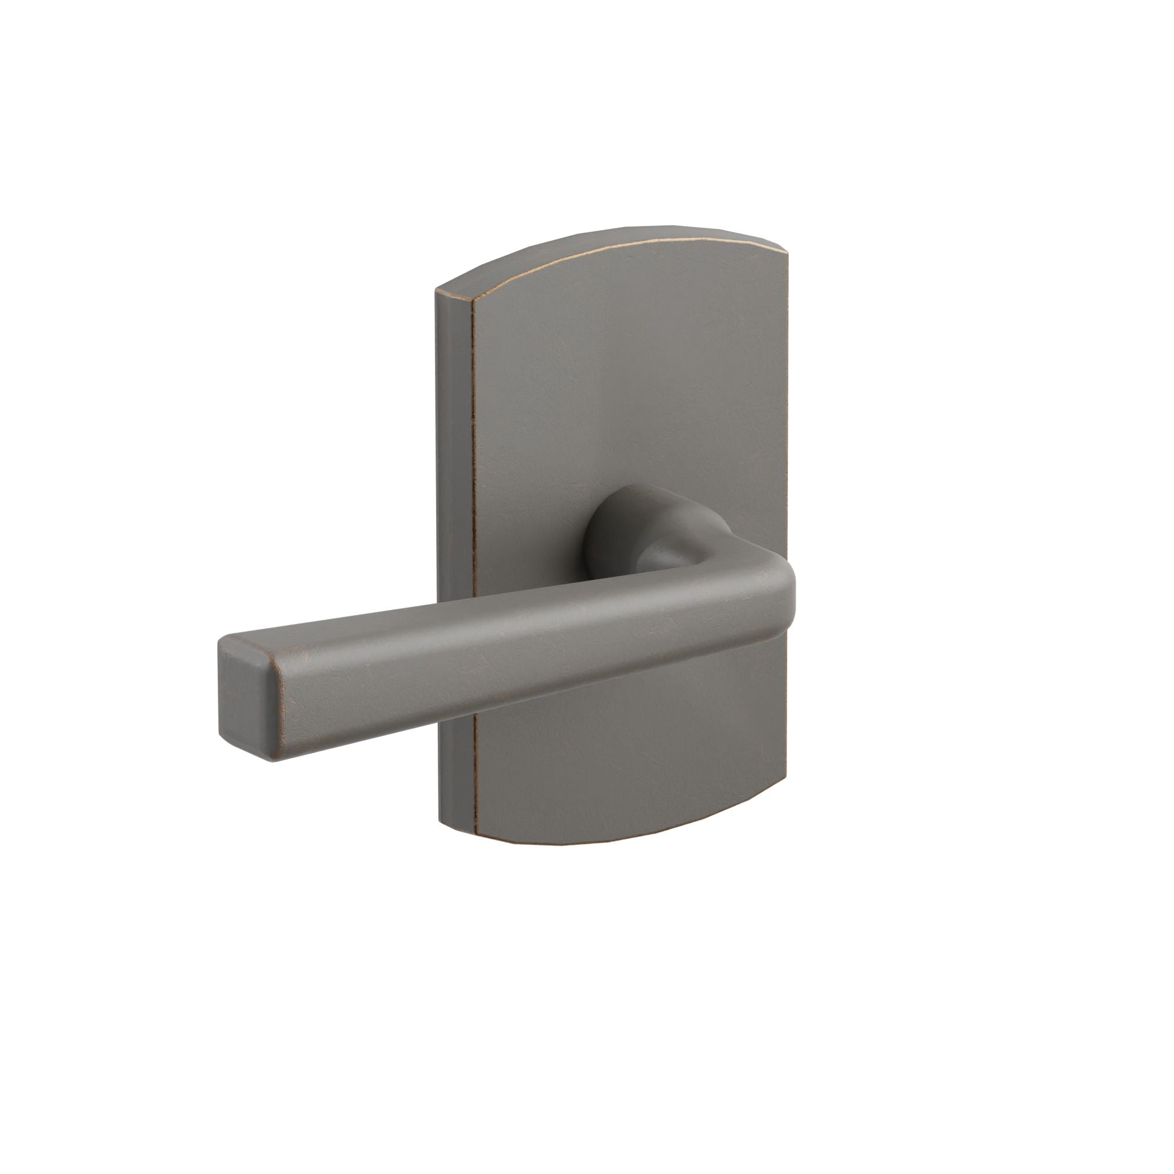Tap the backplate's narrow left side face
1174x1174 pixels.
[453, 547]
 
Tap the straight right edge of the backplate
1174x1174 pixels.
[789, 426]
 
